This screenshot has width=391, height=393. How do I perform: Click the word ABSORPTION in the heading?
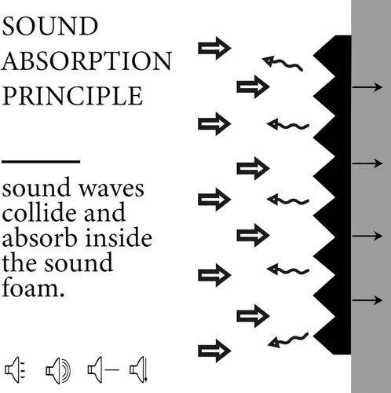86,61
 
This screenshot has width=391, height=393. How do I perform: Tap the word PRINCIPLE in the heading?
73,96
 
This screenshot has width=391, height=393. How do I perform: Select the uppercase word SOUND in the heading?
49,26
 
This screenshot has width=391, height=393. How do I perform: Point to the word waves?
111,189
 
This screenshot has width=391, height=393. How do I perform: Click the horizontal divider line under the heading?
41,162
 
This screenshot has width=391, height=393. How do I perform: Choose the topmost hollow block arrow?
214,48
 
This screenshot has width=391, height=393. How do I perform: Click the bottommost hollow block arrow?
214,351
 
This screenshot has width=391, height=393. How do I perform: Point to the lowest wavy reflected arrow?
288,340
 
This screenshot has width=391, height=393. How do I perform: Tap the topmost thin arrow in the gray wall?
367,87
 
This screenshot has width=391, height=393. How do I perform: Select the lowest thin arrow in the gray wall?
367,300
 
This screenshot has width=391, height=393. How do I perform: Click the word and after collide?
104,213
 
